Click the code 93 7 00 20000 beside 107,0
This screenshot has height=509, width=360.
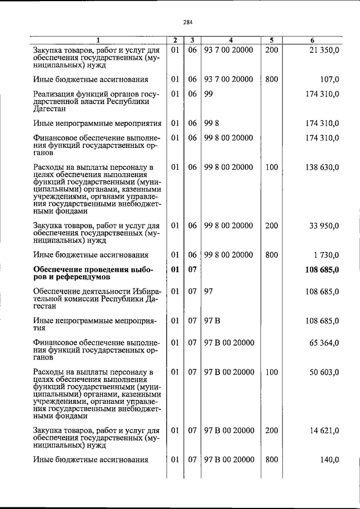228,79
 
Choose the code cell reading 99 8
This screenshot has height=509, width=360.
211,123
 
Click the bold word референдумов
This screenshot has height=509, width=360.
72,277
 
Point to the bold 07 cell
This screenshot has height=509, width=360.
192,269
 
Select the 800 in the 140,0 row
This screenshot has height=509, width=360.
271,460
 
